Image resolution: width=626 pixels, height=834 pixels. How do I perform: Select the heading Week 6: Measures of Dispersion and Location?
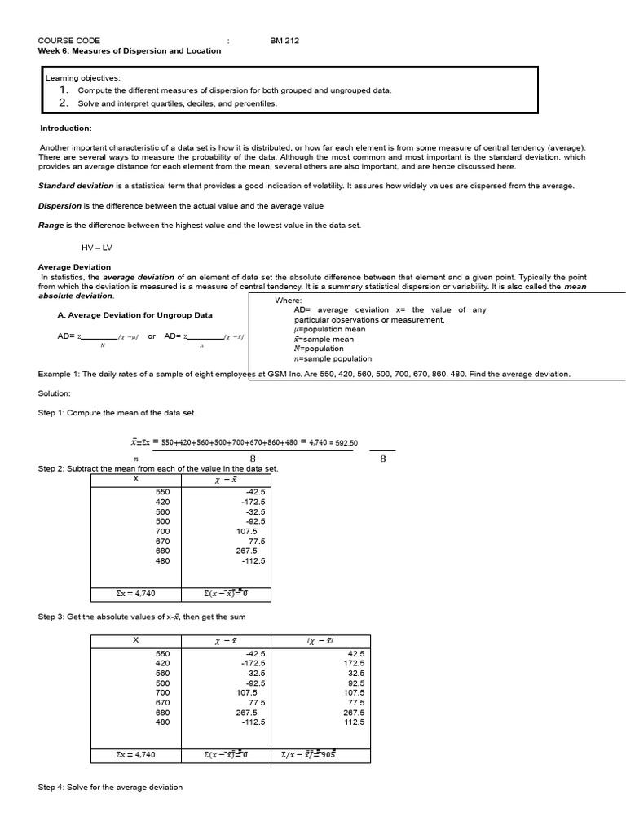pyautogui.click(x=130, y=50)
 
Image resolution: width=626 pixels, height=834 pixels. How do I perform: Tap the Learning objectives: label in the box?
pyautogui.click(x=82, y=77)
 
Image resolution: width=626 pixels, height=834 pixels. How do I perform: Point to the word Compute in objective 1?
pyautogui.click(x=95, y=90)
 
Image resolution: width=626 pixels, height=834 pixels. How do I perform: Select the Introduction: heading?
pyautogui.click(x=66, y=128)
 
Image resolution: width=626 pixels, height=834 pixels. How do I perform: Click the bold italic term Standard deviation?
pyautogui.click(x=76, y=186)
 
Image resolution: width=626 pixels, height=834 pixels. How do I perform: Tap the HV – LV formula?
pyautogui.click(x=96, y=247)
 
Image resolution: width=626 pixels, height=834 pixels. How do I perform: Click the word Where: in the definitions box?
pyautogui.click(x=288, y=300)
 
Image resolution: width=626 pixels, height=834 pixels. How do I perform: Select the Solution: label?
pyautogui.click(x=55, y=393)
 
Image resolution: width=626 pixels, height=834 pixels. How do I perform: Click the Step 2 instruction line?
pyautogui.click(x=158, y=469)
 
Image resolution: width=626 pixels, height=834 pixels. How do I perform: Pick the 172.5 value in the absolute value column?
pyautogui.click(x=354, y=663)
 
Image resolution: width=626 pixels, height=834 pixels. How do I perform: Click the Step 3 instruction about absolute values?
pyautogui.click(x=142, y=617)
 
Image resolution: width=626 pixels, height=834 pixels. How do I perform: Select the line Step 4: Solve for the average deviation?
pyautogui.click(x=111, y=787)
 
